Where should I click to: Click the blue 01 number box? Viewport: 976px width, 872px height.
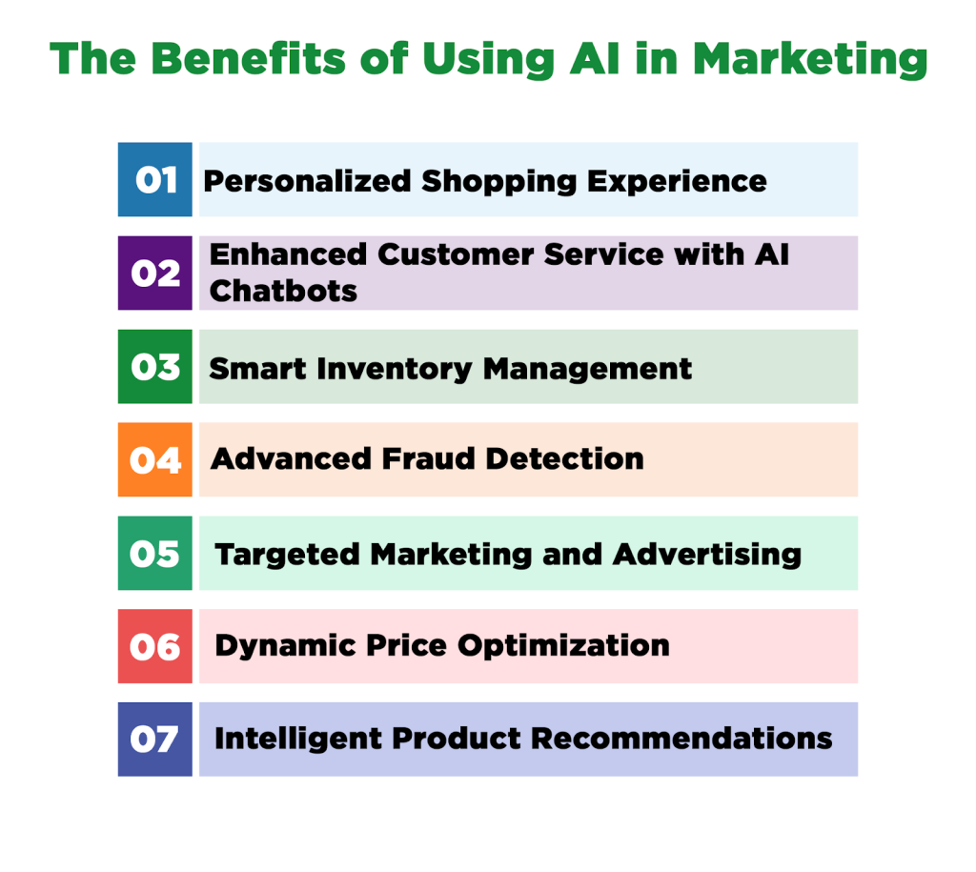[154, 179]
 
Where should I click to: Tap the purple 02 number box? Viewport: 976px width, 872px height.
[154, 273]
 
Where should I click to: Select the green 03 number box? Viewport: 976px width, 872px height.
[154, 366]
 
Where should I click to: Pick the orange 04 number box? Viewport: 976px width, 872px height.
[154, 459]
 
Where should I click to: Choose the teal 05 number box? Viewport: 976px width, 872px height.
[154, 553]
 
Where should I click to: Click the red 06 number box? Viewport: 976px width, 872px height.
[154, 646]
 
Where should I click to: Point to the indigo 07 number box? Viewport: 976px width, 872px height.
[154, 739]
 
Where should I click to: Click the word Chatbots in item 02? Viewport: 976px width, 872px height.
[283, 290]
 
